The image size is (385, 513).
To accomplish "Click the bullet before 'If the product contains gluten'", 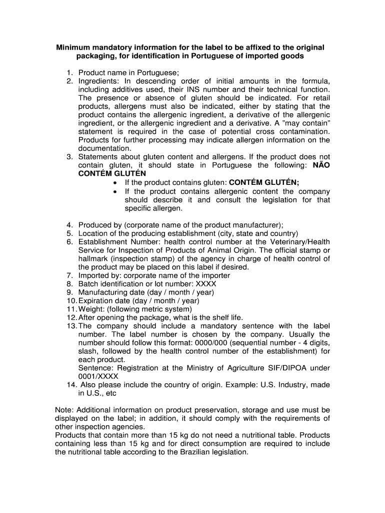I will click(x=115, y=183).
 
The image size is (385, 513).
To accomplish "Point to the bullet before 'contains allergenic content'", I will click(x=115, y=192).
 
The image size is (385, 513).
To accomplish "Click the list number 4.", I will click(x=69, y=225).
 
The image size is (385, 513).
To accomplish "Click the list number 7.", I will click(x=69, y=276).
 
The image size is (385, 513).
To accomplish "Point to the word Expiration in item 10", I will click(x=95, y=301).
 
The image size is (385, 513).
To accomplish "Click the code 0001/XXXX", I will click(x=98, y=377).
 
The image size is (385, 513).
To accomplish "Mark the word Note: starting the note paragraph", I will click(x=64, y=410).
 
